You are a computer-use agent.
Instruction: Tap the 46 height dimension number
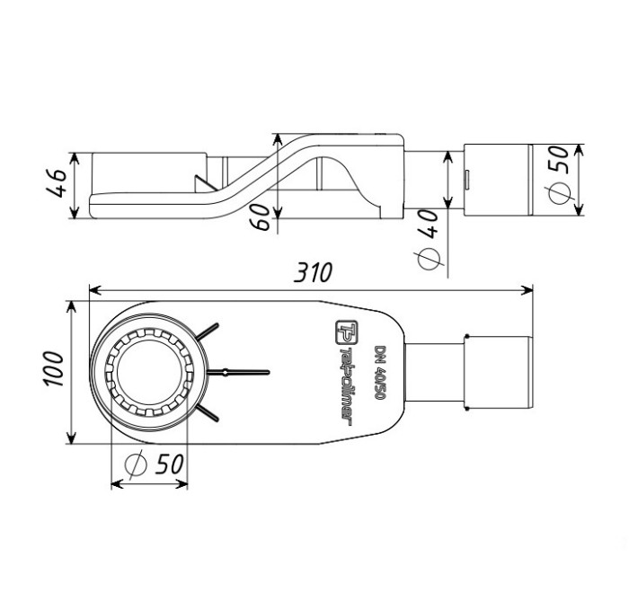pos(56,186)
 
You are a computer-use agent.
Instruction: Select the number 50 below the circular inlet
pos(165,465)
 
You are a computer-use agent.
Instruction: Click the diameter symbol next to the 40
pos(430,259)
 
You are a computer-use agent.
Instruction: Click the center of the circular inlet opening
pos(148,372)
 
